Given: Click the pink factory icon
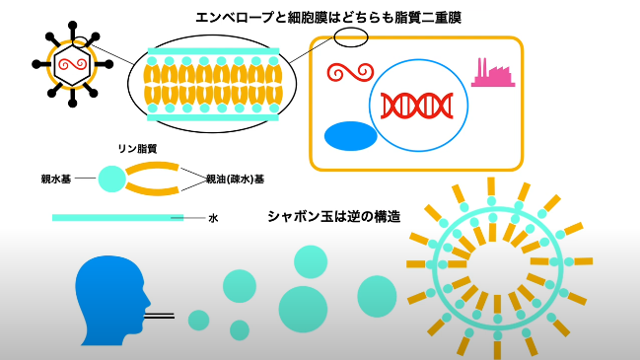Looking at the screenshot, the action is coord(493,74).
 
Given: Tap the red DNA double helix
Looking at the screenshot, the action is coord(417,106).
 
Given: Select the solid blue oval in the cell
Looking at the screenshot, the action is coord(351,136).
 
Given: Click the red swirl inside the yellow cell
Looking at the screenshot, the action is coord(350,72).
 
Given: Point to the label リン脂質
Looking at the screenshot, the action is coord(137,149).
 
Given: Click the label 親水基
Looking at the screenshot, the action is coord(56,179).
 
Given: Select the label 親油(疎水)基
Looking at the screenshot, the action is coord(235,179).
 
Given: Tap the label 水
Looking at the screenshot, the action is coord(213,218).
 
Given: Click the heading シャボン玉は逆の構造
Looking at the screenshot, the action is coord(334,216).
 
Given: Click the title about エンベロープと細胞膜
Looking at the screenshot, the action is coord(328,18).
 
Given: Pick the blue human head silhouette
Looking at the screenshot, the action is coord(112,301).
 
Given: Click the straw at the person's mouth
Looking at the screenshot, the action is coord(159,316).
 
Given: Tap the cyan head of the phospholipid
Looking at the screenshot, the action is coord(112,179).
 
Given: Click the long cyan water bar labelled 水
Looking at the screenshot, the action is coord(118,218).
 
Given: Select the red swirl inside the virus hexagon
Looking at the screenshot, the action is coord(72,64).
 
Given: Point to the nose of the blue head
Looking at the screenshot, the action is coord(148,303).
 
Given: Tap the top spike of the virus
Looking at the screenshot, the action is coord(73,32).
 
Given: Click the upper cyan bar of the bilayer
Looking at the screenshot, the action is coord(213,51).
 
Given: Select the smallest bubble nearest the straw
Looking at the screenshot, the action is coord(199,320).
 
